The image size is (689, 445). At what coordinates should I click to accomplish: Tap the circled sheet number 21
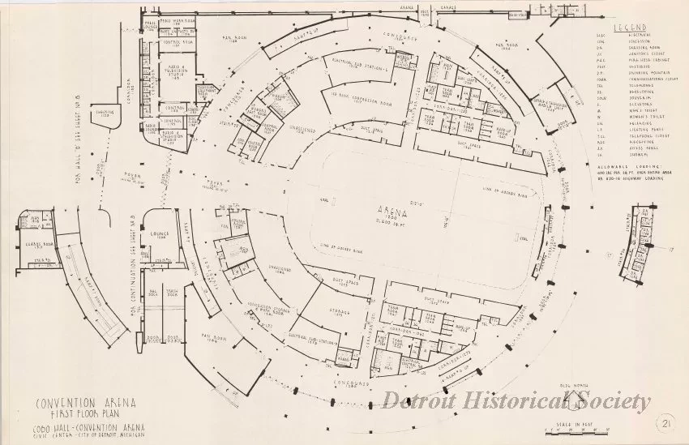click(x=665, y=422)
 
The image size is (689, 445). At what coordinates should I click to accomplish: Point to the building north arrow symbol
click(x=575, y=398)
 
